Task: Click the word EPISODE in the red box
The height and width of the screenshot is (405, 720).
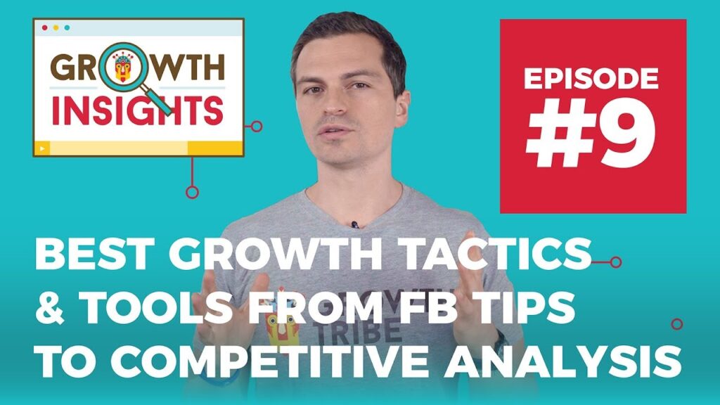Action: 591,79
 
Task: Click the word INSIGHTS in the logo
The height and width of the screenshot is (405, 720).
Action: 137,111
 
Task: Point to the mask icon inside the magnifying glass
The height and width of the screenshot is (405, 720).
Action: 122,67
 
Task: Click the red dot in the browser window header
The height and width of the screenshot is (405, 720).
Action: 44,27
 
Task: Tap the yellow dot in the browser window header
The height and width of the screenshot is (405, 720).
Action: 56,27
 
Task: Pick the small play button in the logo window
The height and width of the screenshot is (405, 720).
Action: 42,148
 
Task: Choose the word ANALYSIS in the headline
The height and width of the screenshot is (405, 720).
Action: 562,361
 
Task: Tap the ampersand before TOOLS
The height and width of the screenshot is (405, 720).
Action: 50,308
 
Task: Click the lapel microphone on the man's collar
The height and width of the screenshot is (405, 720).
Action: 354,224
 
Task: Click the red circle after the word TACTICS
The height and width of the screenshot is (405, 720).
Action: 616,262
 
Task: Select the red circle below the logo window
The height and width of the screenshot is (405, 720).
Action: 192,192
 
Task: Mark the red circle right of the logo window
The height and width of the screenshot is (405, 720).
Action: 257,127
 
